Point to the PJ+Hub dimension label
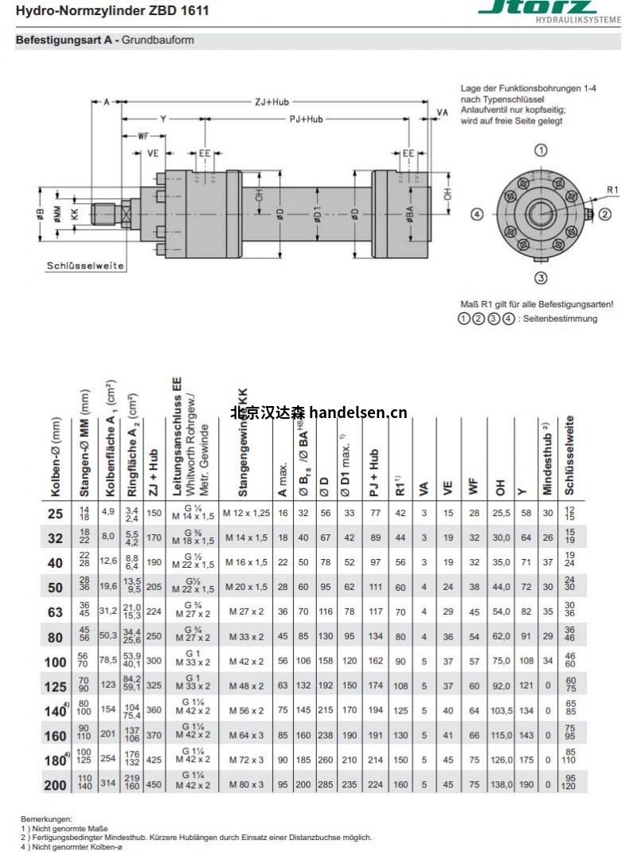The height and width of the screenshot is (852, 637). click(305, 119)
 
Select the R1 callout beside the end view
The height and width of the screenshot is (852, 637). click(612, 190)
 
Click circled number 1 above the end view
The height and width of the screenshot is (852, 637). click(540, 150)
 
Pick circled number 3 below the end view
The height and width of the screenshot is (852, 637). click(541, 278)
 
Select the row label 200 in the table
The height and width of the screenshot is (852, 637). click(55, 784)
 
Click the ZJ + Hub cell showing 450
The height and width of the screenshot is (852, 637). click(154, 784)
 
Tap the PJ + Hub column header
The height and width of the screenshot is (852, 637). click(374, 474)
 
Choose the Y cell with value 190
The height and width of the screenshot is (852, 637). click(526, 784)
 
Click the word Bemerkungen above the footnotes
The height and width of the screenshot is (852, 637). click(47, 819)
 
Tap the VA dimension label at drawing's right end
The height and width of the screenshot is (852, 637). click(442, 113)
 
